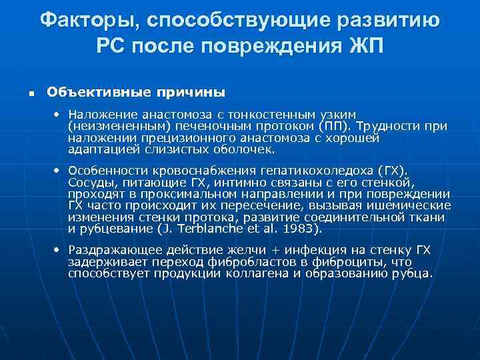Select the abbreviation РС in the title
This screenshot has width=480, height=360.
111,46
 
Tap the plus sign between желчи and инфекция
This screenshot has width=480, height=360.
287,251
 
